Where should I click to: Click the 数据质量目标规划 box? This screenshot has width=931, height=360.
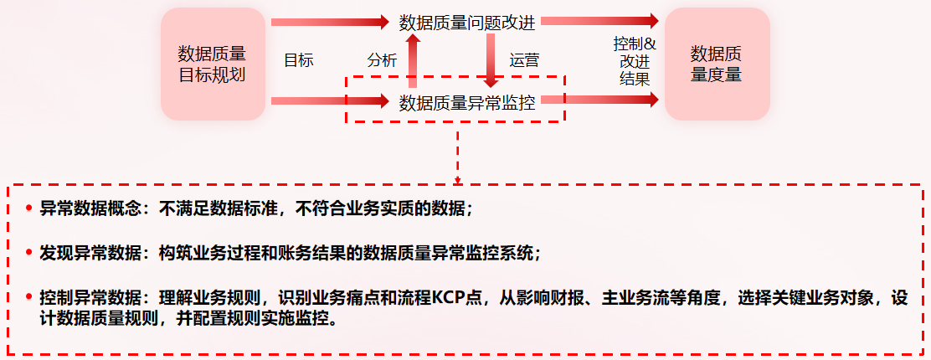click(212, 64)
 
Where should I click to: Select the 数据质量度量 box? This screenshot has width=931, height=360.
click(716, 64)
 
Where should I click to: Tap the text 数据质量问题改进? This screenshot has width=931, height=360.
click(467, 23)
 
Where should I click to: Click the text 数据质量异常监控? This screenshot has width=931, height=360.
click(467, 103)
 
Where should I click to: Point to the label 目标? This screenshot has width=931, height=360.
click(298, 60)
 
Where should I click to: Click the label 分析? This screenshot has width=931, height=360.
click(382, 60)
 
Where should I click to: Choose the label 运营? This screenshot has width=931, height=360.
click(524, 60)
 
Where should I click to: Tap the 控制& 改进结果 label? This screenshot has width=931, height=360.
click(635, 60)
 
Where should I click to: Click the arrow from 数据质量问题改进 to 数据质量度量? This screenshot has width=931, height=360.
click(598, 21)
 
